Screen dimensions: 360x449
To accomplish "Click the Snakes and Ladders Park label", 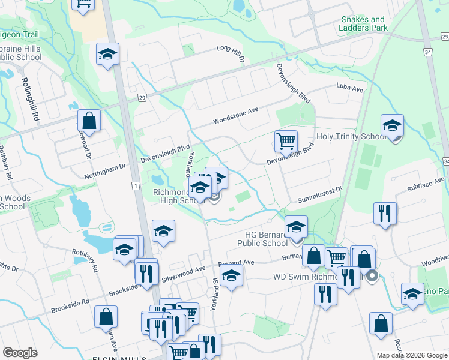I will [363, 23].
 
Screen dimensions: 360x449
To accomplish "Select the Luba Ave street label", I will [350, 89].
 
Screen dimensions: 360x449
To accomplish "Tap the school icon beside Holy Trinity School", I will [392, 126].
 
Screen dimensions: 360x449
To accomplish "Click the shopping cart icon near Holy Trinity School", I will [286, 142].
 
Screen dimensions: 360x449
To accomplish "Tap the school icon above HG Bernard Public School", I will [296, 227].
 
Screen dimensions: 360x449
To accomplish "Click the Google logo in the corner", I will [20, 353].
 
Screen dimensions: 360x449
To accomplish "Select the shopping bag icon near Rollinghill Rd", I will [89, 121].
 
